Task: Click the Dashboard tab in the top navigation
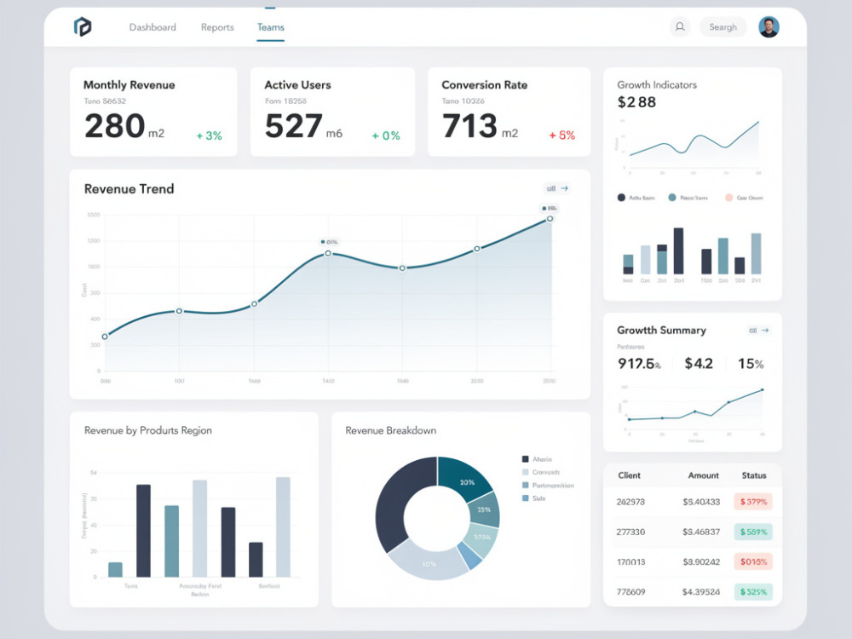153,27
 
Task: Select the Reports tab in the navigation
217,27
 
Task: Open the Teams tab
270,27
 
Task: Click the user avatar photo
769,27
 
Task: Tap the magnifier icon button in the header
680,27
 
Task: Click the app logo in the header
83,27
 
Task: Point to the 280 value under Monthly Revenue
115,126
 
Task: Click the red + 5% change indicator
562,135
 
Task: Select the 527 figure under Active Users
294,126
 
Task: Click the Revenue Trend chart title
129,189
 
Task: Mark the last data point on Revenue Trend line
550,219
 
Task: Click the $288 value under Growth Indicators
636,102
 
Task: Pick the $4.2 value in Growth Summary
699,364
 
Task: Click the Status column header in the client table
753,475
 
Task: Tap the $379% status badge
753,502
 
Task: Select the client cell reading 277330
630,532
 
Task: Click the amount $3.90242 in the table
701,561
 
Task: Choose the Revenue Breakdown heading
390,430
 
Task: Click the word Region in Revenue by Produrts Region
196,430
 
